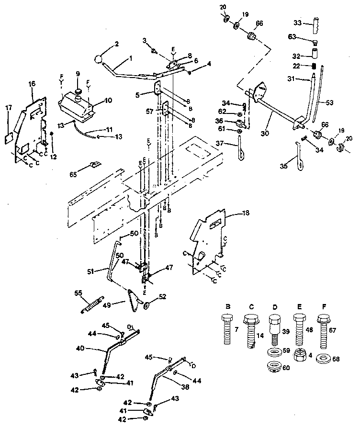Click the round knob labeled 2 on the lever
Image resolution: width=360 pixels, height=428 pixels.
[x=99, y=60]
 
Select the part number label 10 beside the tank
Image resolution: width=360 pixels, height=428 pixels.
[x=108, y=101]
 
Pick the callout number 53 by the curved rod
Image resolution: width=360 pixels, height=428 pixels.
[x=330, y=102]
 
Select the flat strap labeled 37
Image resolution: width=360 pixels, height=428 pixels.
[x=241, y=149]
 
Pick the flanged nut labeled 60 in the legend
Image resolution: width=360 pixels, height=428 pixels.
[x=275, y=368]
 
